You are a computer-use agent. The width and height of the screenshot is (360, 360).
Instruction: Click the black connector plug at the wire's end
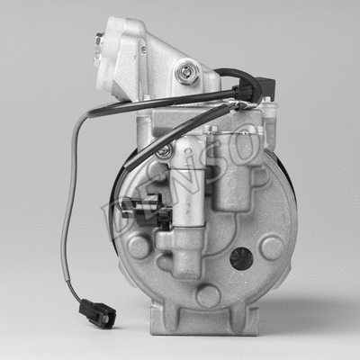pyautogui.click(x=97, y=312)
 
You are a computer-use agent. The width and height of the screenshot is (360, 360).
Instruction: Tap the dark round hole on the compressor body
pyautogui.click(x=240, y=258)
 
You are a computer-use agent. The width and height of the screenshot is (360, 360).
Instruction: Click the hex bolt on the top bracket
pyautogui.click(x=188, y=71)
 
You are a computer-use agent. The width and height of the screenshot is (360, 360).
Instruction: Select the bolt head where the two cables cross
pyautogui.click(x=164, y=150)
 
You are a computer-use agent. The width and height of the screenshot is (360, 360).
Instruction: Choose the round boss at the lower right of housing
pyautogui.click(x=272, y=247)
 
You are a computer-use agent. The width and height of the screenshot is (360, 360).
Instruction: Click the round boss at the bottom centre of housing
pyautogui.click(x=208, y=295)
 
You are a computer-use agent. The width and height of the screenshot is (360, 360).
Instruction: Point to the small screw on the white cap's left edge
pyautogui.click(x=98, y=40)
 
